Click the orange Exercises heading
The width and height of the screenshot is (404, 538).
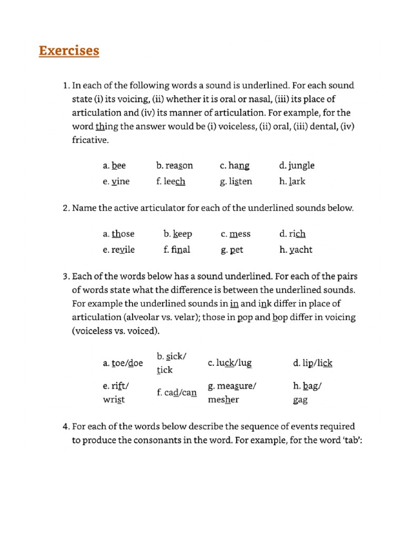pos(69,51)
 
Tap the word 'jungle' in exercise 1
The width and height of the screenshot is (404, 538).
pos(301,165)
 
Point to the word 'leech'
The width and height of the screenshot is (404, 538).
pos(175,181)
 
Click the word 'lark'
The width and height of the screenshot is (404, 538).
pos(297,181)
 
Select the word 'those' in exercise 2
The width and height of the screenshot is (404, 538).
pos(123,234)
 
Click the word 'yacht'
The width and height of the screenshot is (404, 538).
pos(300,250)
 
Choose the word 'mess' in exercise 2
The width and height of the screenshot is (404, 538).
pos(240,234)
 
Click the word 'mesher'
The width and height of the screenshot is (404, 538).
pos(224,400)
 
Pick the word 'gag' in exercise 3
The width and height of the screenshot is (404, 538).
pos(300,400)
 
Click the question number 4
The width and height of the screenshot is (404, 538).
pos(65,426)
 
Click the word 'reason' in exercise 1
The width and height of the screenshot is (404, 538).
pos(179,165)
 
